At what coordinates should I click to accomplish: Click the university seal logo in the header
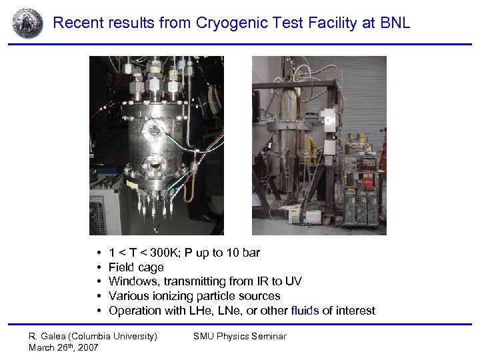click(x=27, y=23)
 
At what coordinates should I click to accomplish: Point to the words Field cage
click(x=136, y=267)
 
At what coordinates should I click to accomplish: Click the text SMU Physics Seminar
click(x=239, y=336)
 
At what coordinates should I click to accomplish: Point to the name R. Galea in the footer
click(x=47, y=336)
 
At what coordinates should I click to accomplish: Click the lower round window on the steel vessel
click(x=155, y=165)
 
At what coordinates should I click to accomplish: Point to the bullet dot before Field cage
click(x=98, y=268)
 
